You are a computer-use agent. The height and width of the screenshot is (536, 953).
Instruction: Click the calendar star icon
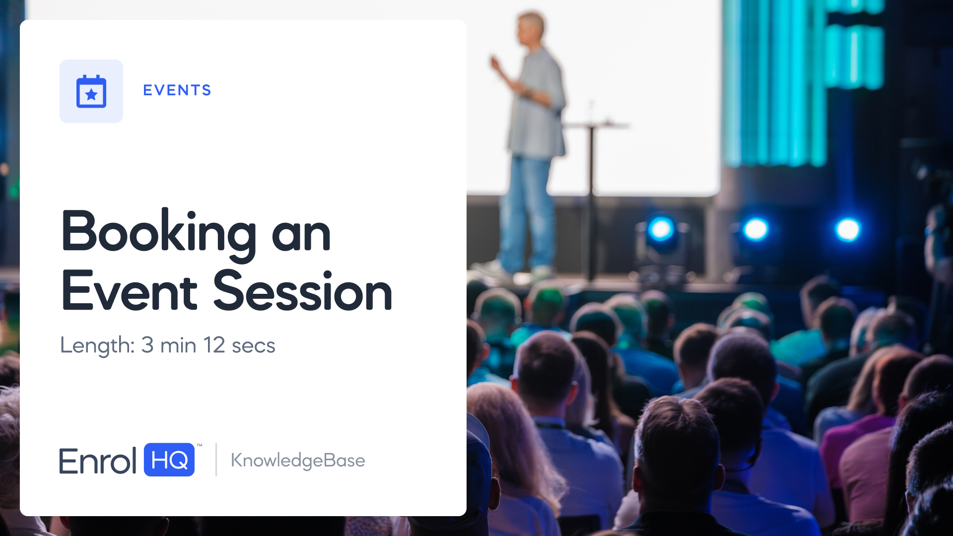click(91, 91)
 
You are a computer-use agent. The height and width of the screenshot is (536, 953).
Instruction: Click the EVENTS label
click(177, 90)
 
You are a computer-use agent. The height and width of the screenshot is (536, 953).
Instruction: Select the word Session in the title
click(303, 292)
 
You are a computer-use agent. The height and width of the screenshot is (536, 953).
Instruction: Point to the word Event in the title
click(130, 292)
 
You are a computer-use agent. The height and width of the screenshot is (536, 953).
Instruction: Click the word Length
click(97, 345)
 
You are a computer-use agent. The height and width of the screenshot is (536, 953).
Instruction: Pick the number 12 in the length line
click(214, 345)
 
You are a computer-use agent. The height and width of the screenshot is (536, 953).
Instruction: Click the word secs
click(254, 346)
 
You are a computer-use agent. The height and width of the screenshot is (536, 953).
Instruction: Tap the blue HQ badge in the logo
click(169, 460)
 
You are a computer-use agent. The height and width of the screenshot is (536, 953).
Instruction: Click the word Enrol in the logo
click(98, 461)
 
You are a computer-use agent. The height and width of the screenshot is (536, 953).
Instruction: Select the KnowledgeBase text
click(298, 461)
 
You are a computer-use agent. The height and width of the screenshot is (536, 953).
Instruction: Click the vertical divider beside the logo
click(216, 460)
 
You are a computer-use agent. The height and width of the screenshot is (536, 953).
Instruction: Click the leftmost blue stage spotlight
click(661, 229)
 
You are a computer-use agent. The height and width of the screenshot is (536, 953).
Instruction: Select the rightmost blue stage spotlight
click(848, 229)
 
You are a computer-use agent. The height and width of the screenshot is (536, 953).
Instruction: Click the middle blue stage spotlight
click(755, 229)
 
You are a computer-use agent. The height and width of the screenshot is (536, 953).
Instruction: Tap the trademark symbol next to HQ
click(200, 445)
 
